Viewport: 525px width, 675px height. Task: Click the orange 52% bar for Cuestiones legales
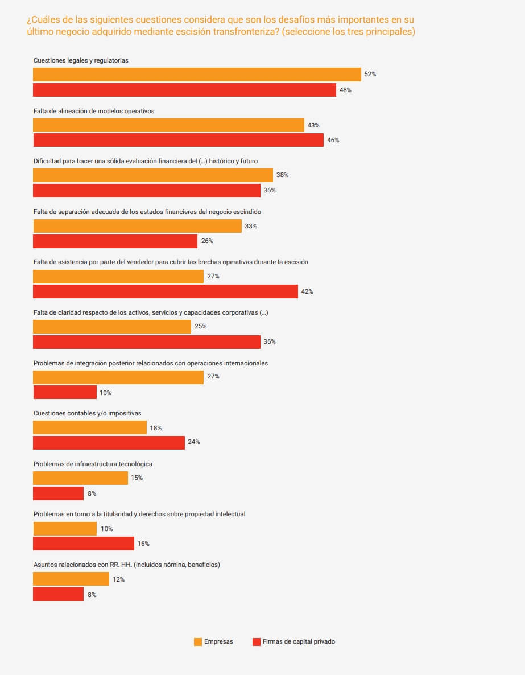point(197,75)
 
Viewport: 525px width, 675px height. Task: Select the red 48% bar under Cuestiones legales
point(184,90)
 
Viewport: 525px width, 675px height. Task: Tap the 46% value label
point(333,140)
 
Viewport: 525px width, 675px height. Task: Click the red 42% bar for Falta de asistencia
point(166,291)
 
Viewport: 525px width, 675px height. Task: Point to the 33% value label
point(251,226)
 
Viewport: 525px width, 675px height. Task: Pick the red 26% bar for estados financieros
point(115,241)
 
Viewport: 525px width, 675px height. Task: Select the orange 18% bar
point(90,427)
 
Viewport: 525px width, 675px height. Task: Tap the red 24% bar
point(109,442)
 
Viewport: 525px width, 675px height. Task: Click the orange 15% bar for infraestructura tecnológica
point(80,478)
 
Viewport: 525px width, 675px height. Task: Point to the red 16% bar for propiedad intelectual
point(84,544)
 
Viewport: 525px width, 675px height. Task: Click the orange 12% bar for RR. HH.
point(71,579)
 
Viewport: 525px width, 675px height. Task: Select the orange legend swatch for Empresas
point(198,641)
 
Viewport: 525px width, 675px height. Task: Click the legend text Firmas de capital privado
point(299,641)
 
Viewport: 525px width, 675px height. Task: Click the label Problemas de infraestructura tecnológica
point(93,464)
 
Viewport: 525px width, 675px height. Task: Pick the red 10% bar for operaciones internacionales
point(65,392)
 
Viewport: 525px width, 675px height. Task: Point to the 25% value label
point(200,327)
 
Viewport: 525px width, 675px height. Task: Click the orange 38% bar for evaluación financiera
point(153,175)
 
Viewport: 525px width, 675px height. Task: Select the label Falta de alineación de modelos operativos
point(94,111)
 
